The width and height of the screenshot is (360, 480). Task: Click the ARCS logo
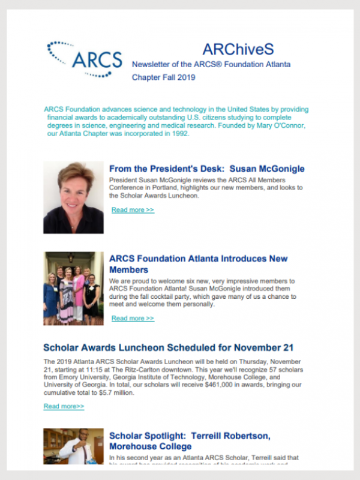click(84, 59)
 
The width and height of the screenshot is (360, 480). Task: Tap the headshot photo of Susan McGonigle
click(73, 197)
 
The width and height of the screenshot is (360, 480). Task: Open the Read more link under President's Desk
click(133, 210)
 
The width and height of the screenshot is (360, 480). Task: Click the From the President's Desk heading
click(206, 169)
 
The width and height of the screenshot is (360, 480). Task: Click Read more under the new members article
click(133, 318)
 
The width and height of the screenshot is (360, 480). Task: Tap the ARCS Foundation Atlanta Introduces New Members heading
click(198, 265)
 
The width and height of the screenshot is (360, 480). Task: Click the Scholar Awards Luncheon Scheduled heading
click(168, 348)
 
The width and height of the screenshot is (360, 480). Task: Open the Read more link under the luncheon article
click(64, 406)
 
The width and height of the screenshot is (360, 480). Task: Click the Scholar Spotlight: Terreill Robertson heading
click(198, 441)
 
